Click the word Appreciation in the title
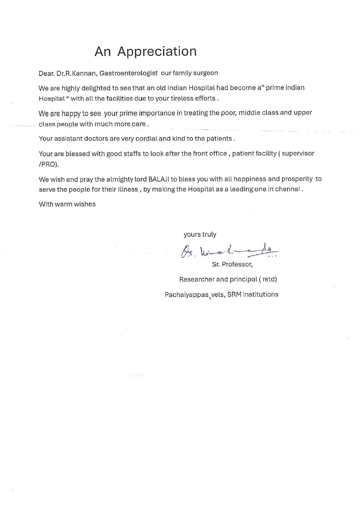click(157, 52)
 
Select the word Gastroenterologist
click(129, 73)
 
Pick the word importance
click(157, 113)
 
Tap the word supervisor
click(298, 153)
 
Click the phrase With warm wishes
click(67, 204)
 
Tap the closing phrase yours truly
click(200, 234)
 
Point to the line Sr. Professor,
click(232, 265)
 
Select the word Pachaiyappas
click(187, 295)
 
